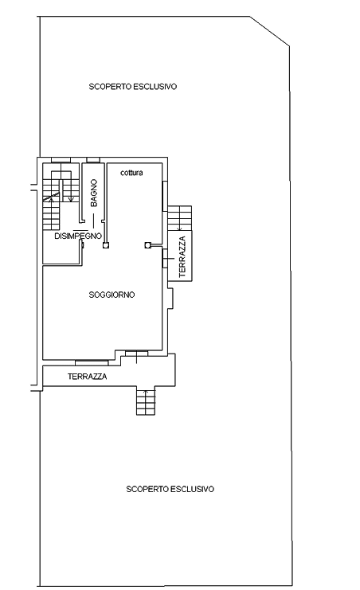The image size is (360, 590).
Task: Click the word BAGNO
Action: coord(94,193)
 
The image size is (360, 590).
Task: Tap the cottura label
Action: coord(131,173)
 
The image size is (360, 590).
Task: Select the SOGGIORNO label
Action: coord(112,295)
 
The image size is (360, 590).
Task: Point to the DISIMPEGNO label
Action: coord(78,236)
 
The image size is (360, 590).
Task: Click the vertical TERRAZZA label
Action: coord(182,256)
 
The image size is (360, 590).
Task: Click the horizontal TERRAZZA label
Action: coord(87,377)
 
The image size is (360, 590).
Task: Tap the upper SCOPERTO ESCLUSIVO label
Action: coord(132,87)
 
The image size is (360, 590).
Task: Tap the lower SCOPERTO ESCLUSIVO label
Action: coord(170,489)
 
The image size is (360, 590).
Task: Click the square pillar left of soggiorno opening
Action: coord(106,245)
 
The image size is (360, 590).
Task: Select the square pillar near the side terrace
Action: coord(147,245)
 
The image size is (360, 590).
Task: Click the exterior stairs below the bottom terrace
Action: coord(146,400)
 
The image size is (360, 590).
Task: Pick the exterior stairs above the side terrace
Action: coord(180,218)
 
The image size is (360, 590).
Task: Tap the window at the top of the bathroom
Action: coord(93,160)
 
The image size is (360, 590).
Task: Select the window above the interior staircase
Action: coord(61,160)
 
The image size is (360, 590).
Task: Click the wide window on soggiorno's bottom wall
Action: coord(92,363)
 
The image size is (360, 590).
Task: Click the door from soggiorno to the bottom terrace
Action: coord(136,353)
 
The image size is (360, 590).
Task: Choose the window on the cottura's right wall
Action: coord(165,196)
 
